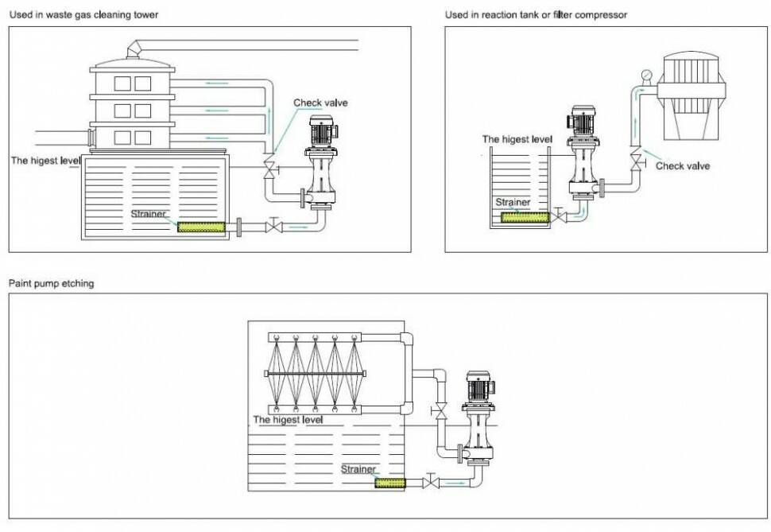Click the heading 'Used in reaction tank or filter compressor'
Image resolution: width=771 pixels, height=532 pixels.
click(x=536, y=15)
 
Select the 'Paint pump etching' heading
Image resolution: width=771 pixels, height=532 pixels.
click(x=51, y=283)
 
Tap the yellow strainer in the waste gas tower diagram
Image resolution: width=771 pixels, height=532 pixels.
click(x=201, y=227)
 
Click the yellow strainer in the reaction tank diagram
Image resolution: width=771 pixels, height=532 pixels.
click(x=524, y=216)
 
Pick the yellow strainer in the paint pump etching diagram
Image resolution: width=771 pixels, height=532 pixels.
click(x=389, y=483)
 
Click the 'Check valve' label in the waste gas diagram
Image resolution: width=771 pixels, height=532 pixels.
click(x=320, y=103)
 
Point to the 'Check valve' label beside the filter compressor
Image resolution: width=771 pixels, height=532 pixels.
click(x=682, y=166)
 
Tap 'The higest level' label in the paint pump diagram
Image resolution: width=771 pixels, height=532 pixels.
click(x=288, y=419)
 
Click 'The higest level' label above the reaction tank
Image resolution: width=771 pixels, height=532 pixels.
click(x=517, y=139)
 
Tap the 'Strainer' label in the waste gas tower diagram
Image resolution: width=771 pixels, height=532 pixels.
click(x=149, y=214)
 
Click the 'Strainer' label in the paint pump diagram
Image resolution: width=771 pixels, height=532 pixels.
click(x=358, y=469)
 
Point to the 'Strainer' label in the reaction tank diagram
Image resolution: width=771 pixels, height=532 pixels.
click(x=512, y=202)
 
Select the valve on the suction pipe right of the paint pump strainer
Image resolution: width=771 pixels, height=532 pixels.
click(x=431, y=483)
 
